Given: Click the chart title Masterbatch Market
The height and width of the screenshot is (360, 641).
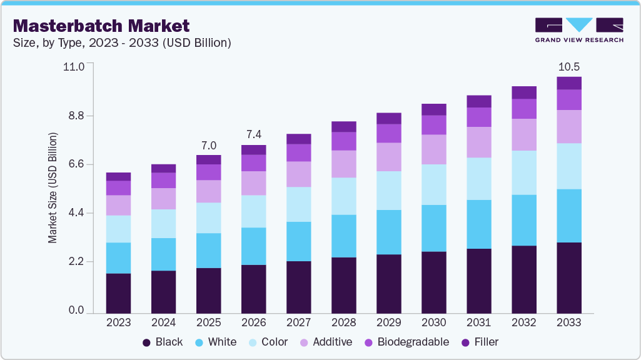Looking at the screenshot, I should click(101, 26).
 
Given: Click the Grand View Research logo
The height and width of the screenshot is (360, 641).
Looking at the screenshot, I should click(578, 29).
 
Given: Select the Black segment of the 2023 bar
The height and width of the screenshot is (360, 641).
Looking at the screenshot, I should click(118, 292).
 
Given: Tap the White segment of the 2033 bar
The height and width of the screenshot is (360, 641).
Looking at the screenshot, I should click(569, 216).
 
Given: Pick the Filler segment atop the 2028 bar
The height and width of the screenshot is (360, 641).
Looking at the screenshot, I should click(343, 127).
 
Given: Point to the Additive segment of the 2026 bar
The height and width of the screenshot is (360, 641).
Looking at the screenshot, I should click(253, 183).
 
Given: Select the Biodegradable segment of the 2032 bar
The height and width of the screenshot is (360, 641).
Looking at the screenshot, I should click(524, 109).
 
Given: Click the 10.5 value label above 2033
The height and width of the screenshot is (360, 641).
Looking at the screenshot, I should click(569, 67).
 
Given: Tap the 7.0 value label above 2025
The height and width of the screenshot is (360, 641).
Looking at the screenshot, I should click(208, 145).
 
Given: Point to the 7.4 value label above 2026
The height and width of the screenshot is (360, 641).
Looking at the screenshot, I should click(253, 135).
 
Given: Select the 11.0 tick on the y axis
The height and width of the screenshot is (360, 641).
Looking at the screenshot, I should click(74, 66).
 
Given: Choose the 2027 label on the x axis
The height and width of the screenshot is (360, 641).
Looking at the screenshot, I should click(298, 322).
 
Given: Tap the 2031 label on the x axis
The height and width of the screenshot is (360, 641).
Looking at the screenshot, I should click(479, 322).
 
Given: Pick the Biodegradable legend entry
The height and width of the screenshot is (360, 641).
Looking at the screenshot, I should click(407, 342).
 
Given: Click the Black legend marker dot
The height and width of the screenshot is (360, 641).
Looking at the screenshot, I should click(147, 342).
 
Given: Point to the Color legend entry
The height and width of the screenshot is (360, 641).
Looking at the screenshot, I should click(268, 342).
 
